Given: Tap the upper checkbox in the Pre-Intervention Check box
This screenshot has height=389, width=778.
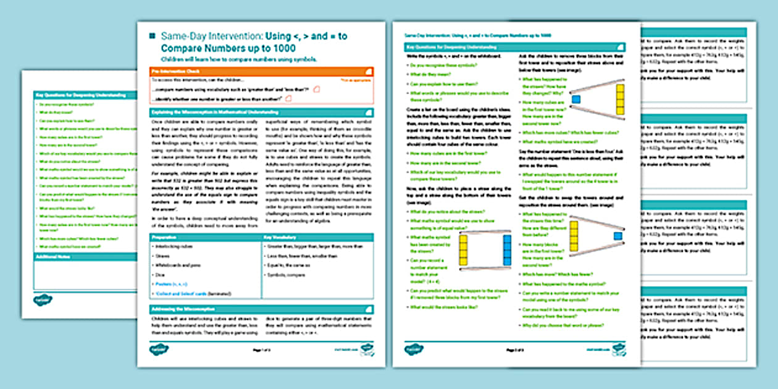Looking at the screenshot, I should pyautogui.click(x=317, y=90).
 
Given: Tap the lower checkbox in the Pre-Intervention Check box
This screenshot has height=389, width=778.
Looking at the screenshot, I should pyautogui.click(x=288, y=98).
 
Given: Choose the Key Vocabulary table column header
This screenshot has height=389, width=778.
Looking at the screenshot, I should pyautogui.click(x=317, y=237).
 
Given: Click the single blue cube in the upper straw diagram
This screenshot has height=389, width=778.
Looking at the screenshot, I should pyautogui.click(x=575, y=99).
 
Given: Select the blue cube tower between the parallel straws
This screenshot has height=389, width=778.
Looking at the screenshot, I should pyautogui.click(x=507, y=249).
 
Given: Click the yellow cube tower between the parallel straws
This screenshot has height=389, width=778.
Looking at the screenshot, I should pyautogui.click(x=463, y=249).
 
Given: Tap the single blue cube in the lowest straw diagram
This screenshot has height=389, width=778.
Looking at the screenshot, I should pyautogui.click(x=617, y=236).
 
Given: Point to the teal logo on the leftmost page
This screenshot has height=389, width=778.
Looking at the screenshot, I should pyautogui.click(x=43, y=299).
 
